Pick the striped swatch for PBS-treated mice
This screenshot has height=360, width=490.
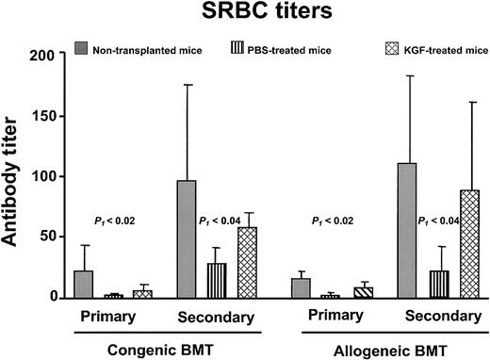tap(235, 47)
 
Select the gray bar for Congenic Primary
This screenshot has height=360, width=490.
tap(84, 284)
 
